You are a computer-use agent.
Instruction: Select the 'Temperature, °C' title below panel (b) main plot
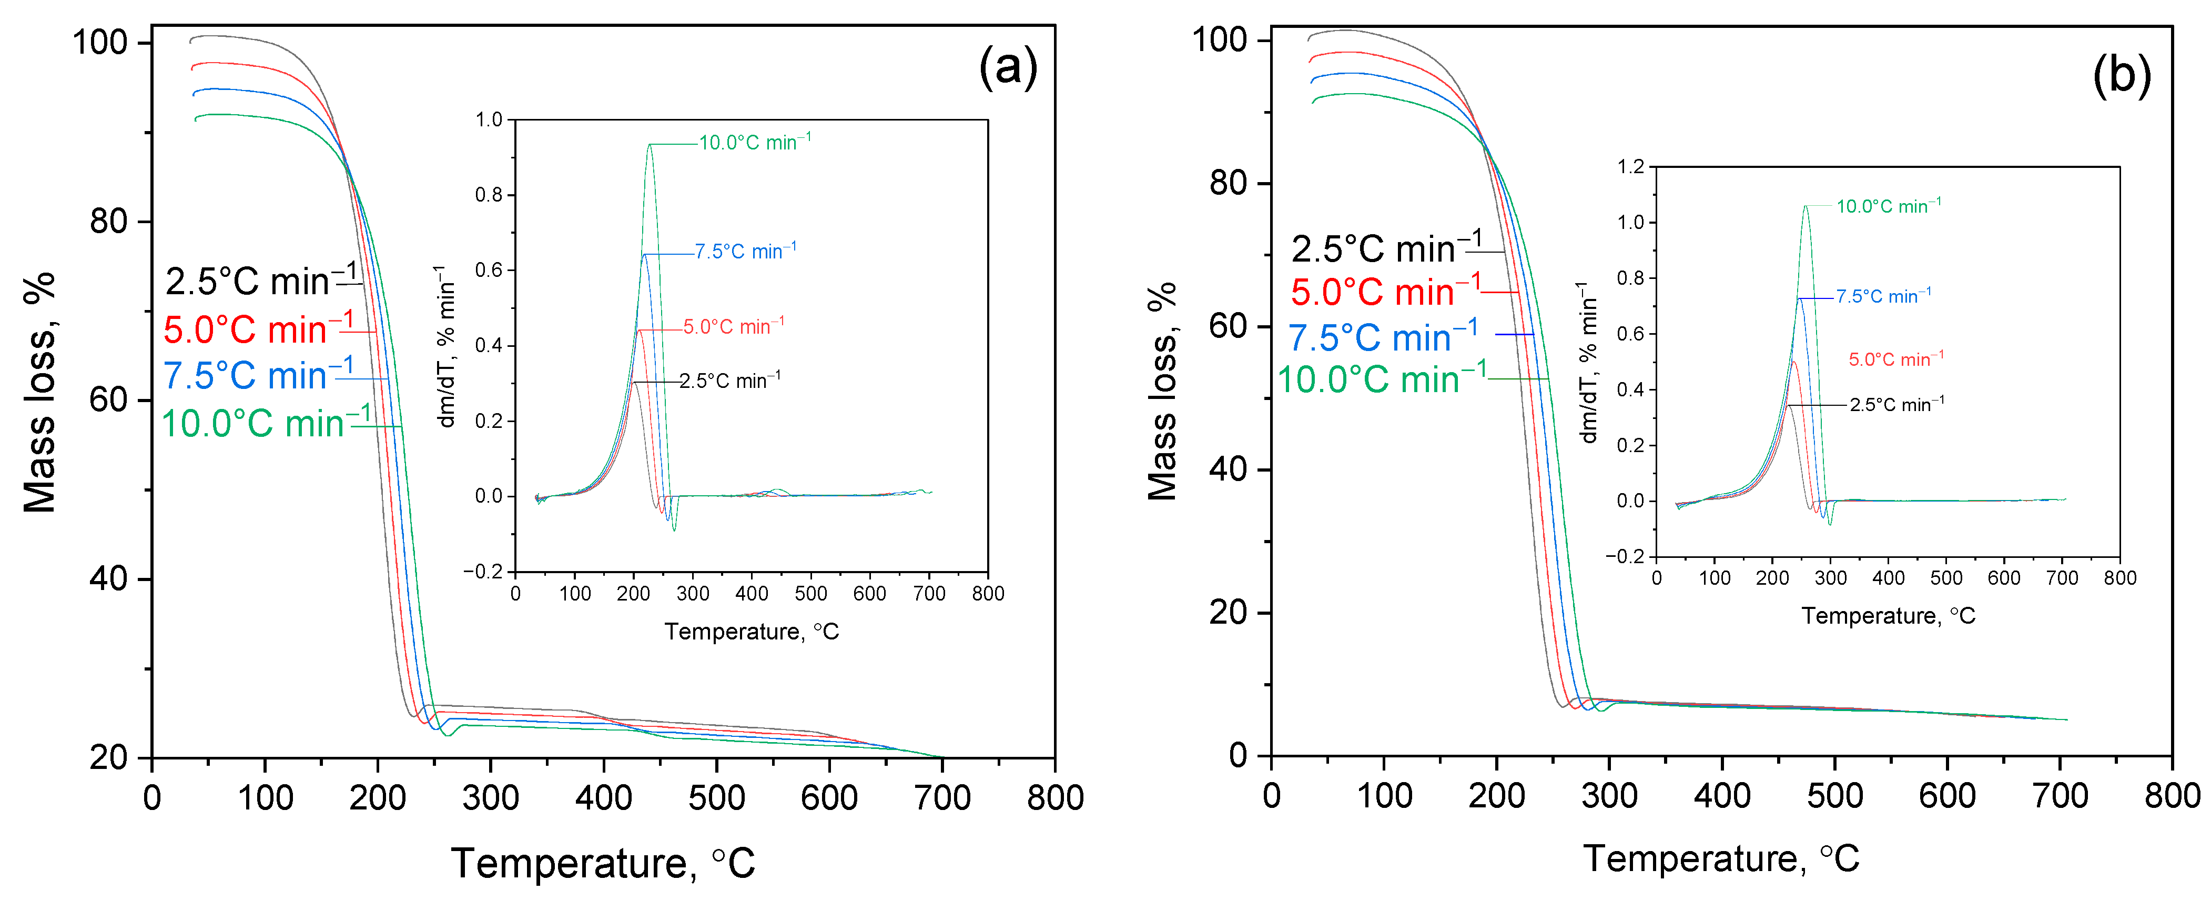pyautogui.click(x=1721, y=858)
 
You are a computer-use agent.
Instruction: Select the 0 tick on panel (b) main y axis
pyautogui.click(x=1239, y=756)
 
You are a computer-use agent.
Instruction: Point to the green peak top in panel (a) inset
pyautogui.click(x=650, y=144)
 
